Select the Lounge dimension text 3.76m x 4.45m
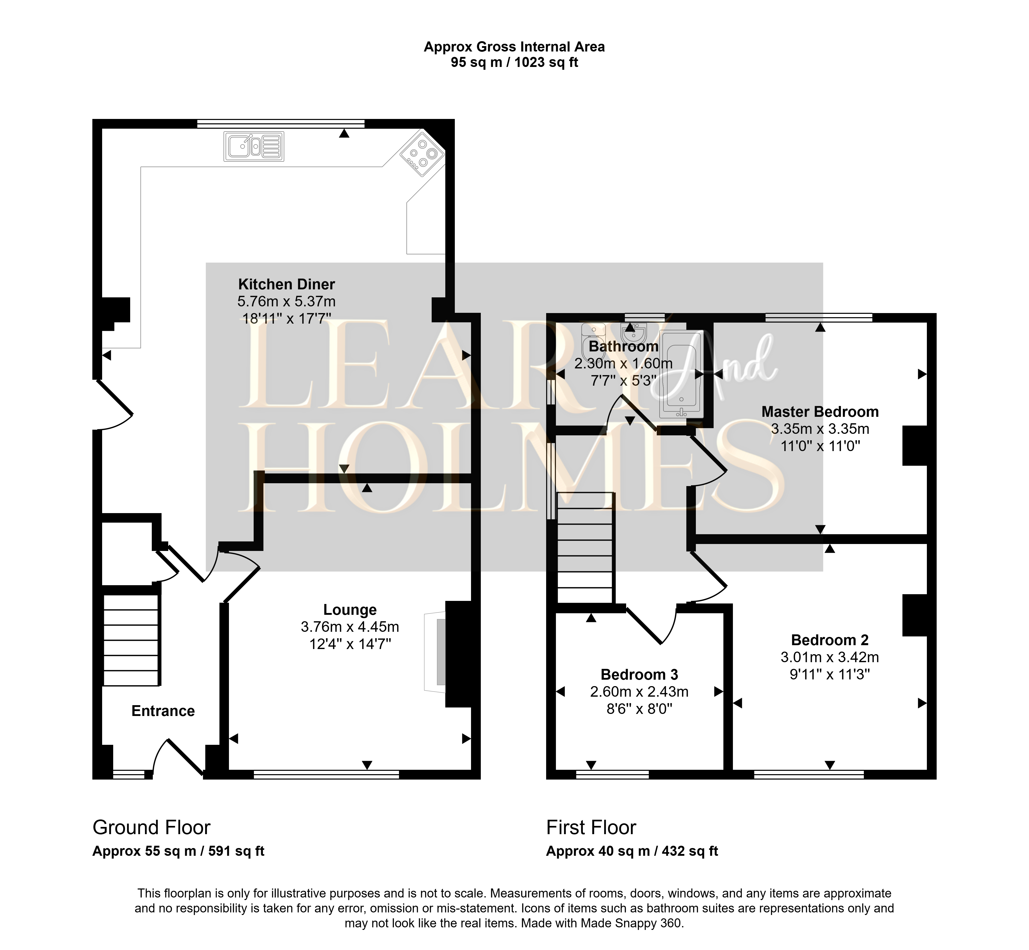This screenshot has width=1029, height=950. click(350, 627)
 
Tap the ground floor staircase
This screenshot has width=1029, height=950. click(131, 640)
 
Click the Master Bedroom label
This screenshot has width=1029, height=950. click(820, 412)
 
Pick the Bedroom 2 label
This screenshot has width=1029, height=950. click(830, 640)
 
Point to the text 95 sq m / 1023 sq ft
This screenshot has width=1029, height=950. click(514, 62)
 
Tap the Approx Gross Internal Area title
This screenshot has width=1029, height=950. click(514, 47)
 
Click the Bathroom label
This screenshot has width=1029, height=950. click(623, 347)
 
